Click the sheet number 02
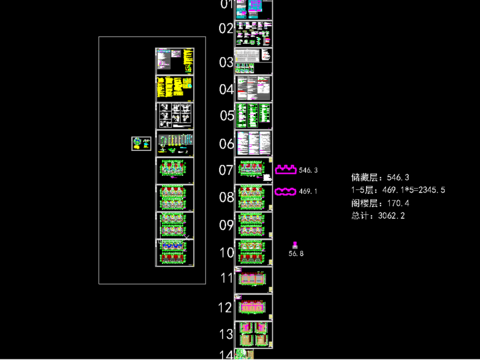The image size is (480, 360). (x=226, y=28)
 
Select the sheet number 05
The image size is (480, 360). (x=226, y=116)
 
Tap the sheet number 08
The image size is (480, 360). (x=226, y=197)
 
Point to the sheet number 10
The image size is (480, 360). (x=226, y=252)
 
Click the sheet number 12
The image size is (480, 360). (x=226, y=307)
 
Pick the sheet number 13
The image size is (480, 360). (x=226, y=334)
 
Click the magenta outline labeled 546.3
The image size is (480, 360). (x=286, y=170)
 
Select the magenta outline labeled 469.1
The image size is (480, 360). (x=285, y=191)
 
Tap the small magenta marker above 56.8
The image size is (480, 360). (x=295, y=244)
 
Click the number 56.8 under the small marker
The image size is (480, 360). (x=296, y=254)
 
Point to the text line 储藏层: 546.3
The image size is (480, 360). (x=381, y=177)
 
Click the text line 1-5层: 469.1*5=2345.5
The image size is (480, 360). (x=398, y=190)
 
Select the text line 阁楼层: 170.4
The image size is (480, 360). (x=381, y=203)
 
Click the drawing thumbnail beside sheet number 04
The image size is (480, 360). (x=254, y=88)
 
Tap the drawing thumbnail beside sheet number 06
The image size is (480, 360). (x=254, y=143)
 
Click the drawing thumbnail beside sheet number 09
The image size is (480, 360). (x=254, y=225)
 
